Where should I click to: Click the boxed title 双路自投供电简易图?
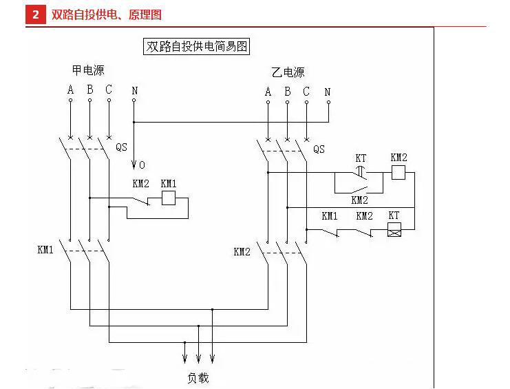click(196, 47)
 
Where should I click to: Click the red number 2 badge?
click(36, 14)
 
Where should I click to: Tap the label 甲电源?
click(88, 70)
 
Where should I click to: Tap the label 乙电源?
click(288, 72)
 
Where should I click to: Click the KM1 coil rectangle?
click(169, 198)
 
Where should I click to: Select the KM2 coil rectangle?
click(399, 172)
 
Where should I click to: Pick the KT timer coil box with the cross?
click(394, 230)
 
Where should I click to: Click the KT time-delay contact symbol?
click(361, 173)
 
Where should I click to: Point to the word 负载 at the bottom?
click(198, 378)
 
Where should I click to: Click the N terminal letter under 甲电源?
click(135, 90)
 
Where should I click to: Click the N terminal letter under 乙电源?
click(328, 92)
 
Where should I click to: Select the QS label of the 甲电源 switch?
click(121, 147)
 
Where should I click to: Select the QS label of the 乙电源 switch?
click(319, 149)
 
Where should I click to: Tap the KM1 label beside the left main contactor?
click(45, 250)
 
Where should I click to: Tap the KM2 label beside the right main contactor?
click(242, 252)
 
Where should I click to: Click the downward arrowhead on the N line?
click(134, 165)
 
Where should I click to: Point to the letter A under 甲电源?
click(70, 90)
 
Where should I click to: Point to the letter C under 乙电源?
click(306, 92)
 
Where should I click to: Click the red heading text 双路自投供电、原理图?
click(107, 14)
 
